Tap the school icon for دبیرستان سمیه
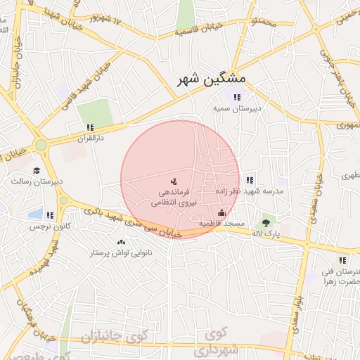click(238, 97)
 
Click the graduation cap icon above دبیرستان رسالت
click(37, 169)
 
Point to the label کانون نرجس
click(46, 227)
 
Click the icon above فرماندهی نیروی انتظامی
click(174, 181)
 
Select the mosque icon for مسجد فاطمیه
click(223, 212)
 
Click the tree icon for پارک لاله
click(266, 222)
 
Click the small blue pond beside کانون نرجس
click(35, 212)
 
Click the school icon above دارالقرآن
click(89, 127)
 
